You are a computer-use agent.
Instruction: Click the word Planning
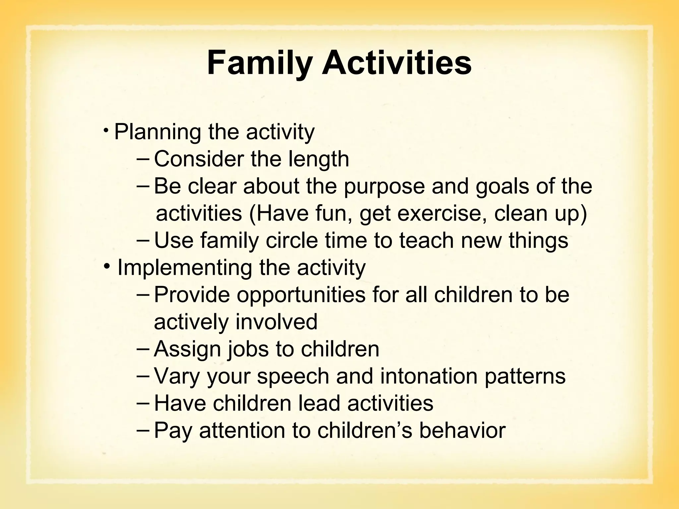157,133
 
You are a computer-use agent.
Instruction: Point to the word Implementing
185,268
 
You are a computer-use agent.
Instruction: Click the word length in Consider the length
319,159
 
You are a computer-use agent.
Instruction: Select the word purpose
384,187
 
